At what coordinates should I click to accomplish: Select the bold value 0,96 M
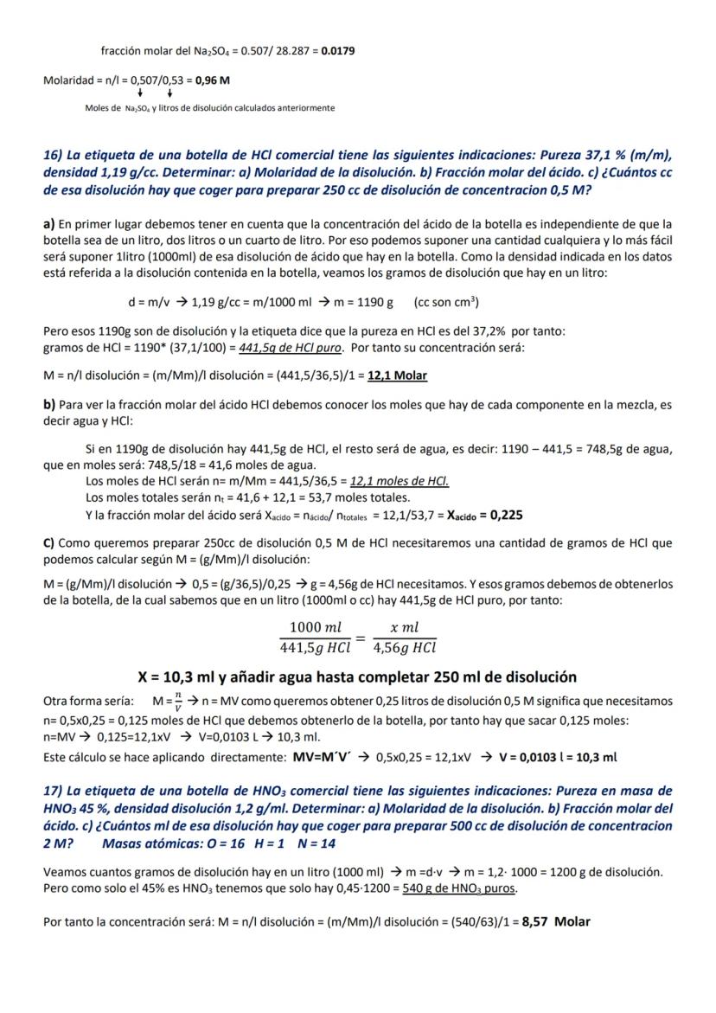213,80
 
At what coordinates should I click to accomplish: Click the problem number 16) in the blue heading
53,156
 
